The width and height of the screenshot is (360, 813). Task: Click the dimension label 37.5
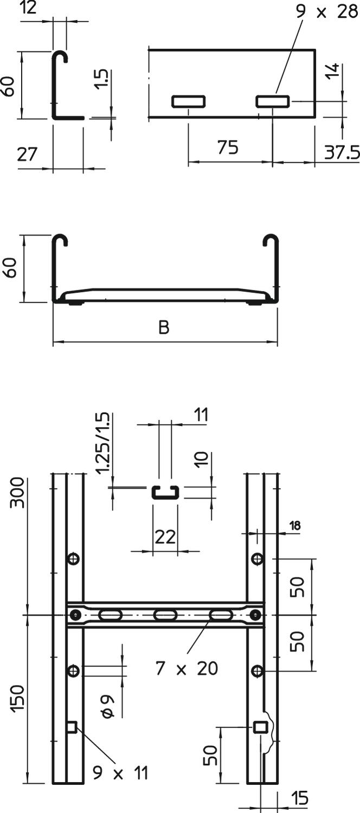pos(342,152)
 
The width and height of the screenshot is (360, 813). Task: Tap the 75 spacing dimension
pos(228,147)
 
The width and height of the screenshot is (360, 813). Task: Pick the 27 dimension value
pos(27,154)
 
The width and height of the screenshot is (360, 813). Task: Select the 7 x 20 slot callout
pos(187,668)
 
